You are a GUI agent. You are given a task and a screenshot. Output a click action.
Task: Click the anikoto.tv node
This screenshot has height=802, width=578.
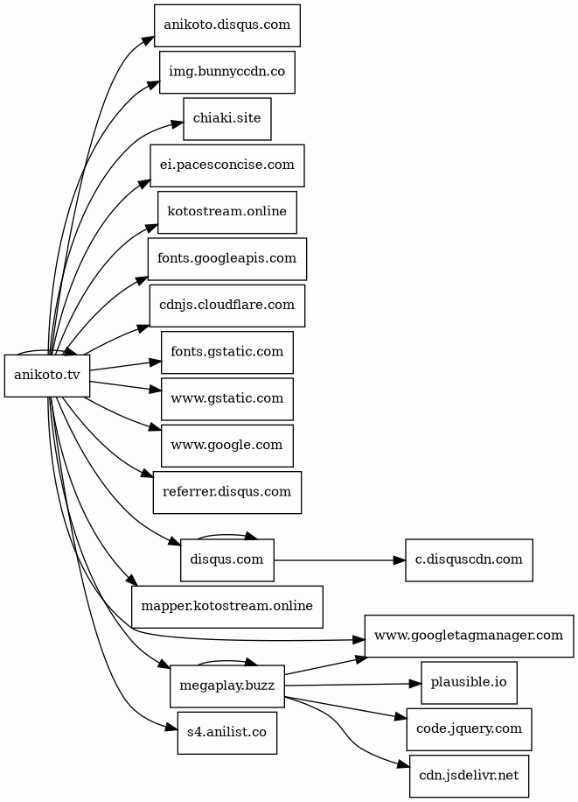[x=47, y=376]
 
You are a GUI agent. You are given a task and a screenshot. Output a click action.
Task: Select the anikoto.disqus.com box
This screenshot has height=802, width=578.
[x=227, y=25]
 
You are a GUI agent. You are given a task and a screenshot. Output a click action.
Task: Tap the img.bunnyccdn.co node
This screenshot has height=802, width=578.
[x=227, y=72]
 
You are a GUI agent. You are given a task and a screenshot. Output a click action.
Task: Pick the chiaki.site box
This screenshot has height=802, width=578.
[x=227, y=119]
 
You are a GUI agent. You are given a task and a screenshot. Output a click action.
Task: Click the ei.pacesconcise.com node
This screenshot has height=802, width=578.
[x=227, y=165]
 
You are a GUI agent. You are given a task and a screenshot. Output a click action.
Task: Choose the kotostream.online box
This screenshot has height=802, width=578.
[x=227, y=212]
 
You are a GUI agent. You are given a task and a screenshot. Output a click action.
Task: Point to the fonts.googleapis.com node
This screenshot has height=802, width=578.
[x=227, y=258]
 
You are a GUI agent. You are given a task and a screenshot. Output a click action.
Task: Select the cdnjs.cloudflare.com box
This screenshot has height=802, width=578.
[x=227, y=306]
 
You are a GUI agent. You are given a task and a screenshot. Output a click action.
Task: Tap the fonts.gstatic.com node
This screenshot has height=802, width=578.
[x=227, y=352]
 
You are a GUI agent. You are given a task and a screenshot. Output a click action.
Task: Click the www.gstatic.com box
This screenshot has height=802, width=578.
[x=227, y=398]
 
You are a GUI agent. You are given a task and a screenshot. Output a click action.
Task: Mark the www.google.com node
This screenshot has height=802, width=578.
[x=227, y=446]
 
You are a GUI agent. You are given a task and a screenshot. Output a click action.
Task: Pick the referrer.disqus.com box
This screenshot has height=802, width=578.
[x=227, y=492]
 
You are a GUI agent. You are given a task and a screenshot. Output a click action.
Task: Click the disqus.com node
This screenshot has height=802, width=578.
[x=227, y=560]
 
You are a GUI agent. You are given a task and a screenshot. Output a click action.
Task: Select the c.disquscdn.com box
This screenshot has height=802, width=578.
[x=469, y=560]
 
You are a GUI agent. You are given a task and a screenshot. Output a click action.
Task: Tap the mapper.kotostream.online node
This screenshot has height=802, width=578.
[x=227, y=607]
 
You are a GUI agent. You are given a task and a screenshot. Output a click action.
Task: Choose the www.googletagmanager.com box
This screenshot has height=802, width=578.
[x=469, y=636]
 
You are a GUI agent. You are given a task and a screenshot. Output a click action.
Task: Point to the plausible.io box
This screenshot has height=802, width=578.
[x=469, y=683]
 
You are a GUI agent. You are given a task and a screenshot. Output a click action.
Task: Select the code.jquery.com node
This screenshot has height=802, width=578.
[x=469, y=729]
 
